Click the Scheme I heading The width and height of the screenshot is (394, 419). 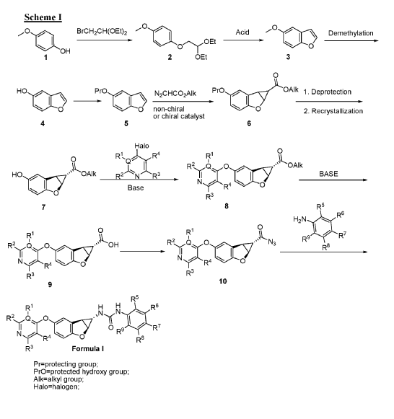43,17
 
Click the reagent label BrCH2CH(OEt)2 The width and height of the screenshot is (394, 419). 102,32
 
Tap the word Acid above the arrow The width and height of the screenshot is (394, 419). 242,32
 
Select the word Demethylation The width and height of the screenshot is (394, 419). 351,33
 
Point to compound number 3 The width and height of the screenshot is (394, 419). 288,57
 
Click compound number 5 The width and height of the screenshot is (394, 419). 126,123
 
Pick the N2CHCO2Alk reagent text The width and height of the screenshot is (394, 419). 175,94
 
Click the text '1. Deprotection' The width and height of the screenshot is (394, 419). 327,92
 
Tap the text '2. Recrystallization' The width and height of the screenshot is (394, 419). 333,111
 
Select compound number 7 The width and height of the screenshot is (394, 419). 43,207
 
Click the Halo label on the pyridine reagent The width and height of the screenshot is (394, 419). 141,146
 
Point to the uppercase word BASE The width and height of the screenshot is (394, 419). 328,174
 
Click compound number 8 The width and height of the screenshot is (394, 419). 227,206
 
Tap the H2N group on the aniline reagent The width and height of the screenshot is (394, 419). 299,220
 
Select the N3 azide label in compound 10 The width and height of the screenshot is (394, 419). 272,242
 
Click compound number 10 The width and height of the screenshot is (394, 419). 223,281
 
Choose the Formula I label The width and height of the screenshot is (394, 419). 88,349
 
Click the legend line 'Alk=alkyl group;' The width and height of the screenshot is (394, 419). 58,379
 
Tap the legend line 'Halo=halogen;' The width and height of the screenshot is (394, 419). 56,387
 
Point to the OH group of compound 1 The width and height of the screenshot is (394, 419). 65,51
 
